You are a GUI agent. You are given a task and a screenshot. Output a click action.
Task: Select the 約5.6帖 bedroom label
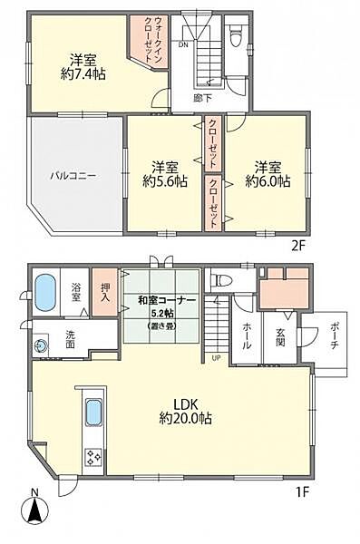click(x=163, y=174)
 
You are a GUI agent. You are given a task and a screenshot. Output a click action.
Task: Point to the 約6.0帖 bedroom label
click(x=267, y=174)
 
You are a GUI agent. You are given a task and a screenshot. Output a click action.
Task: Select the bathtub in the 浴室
click(x=46, y=293)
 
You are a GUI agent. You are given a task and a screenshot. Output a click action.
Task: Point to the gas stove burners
click(x=92, y=458)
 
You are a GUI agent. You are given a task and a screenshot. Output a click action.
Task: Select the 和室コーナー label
click(x=164, y=300)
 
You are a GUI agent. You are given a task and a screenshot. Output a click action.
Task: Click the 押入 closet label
click(x=106, y=293)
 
